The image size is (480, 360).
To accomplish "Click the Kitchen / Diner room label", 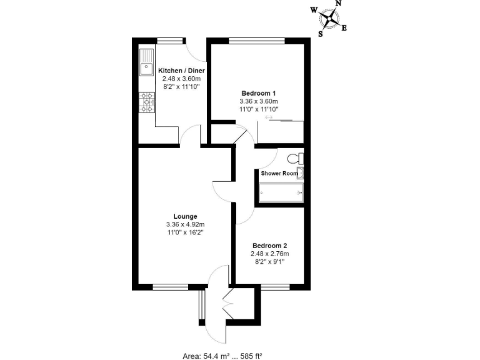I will [x=181, y=70].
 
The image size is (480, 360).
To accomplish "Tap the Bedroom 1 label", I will [x=258, y=92].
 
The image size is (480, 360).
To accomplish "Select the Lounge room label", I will [x=185, y=216].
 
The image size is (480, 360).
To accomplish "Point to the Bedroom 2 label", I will [x=269, y=246].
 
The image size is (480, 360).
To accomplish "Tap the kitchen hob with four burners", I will [x=147, y=102].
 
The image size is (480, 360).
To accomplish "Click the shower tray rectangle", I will [x=281, y=194].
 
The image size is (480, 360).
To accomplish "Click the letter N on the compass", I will [x=339, y=4].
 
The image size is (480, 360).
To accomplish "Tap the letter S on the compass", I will [x=321, y=34].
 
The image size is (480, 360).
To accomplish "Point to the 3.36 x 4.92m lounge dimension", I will [x=185, y=224].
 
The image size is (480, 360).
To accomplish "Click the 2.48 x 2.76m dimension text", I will [x=269, y=254].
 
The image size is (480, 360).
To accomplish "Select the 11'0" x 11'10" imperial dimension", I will [x=258, y=109].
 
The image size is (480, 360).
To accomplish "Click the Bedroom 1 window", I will [x=257, y=41].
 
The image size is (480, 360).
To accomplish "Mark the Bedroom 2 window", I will [x=274, y=287].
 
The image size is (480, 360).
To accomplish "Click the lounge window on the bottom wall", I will [x=171, y=287].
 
